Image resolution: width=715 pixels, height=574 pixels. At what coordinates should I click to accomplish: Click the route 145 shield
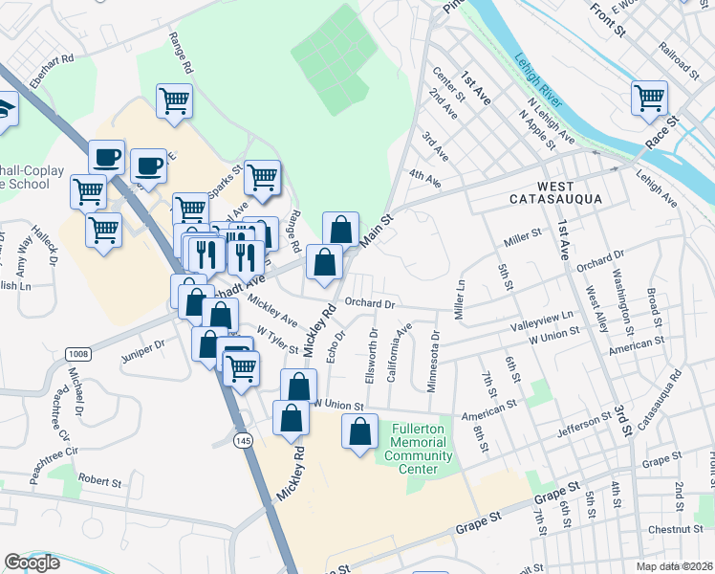(x=245, y=436)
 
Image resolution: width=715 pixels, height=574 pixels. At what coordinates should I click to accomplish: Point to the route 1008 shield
(x=78, y=354)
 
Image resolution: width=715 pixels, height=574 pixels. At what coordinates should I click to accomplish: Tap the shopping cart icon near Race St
(x=649, y=99)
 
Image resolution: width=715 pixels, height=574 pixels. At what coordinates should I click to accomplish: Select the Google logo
(x=32, y=563)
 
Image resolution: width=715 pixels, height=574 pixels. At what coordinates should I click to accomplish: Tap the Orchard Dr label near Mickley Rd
(x=370, y=304)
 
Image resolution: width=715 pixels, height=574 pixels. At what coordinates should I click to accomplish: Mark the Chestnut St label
(x=675, y=529)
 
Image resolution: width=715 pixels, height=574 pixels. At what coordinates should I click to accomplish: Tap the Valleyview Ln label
(x=542, y=320)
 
